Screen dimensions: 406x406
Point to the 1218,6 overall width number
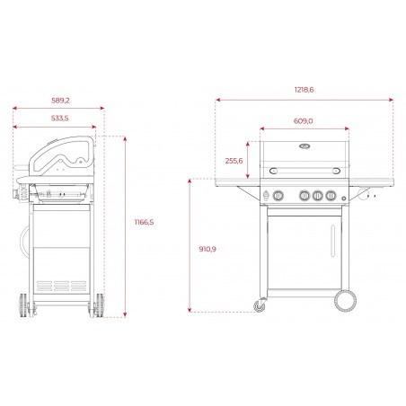coord(304,90)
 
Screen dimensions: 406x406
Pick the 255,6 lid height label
coord(234,160)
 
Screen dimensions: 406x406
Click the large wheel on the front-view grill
coord(341,300)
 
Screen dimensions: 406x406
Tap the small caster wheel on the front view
coord(261,306)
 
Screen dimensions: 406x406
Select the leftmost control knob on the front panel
coord(278,196)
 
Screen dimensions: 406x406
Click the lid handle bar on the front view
coord(304,171)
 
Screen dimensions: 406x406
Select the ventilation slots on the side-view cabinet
coord(61,285)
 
